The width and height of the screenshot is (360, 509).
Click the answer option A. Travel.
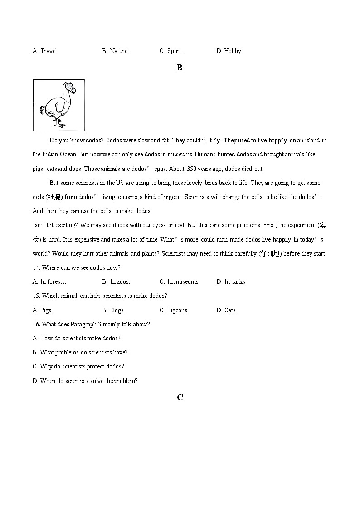pyautogui.click(x=45, y=51)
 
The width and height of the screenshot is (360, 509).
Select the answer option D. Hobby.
pyautogui.click(x=229, y=51)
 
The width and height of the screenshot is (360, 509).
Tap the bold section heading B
pyautogui.click(x=180, y=68)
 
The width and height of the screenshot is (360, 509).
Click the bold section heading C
pyautogui.click(x=180, y=398)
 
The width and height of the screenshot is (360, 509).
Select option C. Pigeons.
pyautogui.click(x=174, y=310)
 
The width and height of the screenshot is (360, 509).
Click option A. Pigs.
pyautogui.click(x=43, y=310)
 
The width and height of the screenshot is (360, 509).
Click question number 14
pyautogui.click(x=36, y=268)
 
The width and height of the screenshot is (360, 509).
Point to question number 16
pyautogui.click(x=36, y=325)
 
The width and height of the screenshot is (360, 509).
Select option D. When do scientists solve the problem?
pyautogui.click(x=85, y=381)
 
